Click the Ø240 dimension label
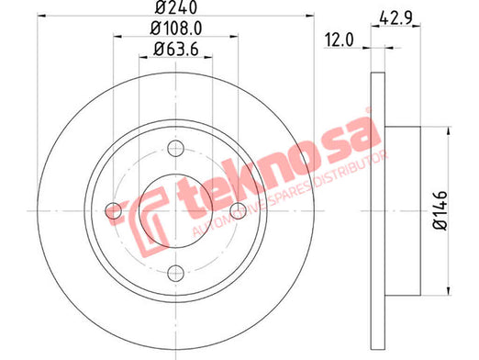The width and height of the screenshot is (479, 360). (x=176, y=7)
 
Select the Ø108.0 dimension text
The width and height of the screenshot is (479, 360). (x=176, y=28)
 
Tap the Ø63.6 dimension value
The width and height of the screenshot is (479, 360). (x=176, y=50)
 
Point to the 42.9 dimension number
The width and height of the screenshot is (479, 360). (x=395, y=17)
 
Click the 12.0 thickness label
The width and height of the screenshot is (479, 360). (x=339, y=40)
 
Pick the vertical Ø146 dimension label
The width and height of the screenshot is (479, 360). (x=440, y=210)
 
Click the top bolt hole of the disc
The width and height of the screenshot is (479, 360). (x=176, y=149)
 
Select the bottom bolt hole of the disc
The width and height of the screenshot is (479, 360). (x=176, y=274)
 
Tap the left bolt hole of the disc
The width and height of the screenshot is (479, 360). (x=114, y=211)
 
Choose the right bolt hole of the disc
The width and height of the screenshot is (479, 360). (x=238, y=211)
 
